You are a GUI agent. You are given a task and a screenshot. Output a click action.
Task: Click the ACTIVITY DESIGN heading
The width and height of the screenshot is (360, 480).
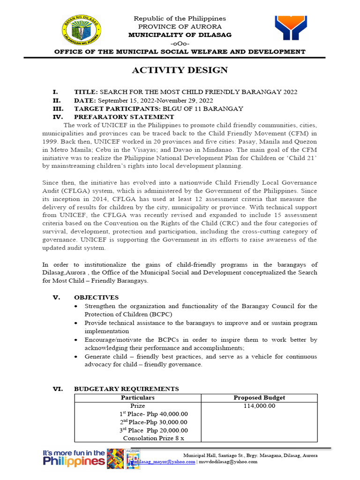click(180, 70)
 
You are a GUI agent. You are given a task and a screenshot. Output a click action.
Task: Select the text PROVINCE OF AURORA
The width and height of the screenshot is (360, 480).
click(180, 27)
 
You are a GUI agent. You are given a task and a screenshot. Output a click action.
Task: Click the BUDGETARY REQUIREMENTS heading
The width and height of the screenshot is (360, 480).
click(126, 389)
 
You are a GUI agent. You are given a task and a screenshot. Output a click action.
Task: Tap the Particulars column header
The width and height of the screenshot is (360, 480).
click(137, 397)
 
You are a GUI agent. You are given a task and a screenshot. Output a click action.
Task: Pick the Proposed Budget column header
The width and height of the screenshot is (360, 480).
click(259, 397)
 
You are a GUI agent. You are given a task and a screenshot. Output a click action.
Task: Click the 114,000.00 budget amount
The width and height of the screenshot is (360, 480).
click(259, 406)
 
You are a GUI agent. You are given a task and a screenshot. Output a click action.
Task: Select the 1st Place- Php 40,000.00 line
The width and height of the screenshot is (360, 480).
click(153, 414)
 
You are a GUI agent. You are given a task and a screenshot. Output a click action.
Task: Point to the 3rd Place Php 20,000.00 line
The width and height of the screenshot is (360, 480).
click(153, 430)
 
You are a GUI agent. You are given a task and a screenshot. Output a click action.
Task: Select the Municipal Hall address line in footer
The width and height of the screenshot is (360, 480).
click(249, 456)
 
